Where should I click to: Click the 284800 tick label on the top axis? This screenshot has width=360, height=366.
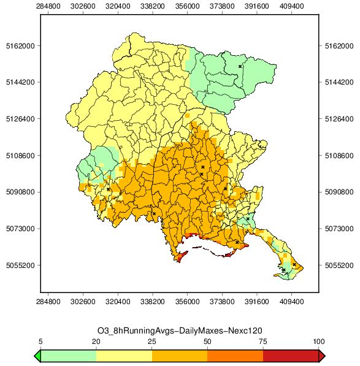48,6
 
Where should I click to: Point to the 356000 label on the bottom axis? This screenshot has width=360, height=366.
187,302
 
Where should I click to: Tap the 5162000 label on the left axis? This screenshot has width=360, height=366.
20,46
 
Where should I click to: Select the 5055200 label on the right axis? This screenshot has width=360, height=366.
339,265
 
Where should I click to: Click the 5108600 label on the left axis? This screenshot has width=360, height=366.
20,156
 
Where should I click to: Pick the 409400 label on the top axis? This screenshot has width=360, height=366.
291,6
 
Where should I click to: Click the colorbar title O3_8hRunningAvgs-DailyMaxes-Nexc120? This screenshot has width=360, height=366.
180,330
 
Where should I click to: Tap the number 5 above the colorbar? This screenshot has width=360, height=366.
40,341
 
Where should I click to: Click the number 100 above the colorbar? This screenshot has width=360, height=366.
319,341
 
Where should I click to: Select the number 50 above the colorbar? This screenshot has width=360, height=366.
207,341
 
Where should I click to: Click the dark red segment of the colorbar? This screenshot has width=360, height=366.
291,356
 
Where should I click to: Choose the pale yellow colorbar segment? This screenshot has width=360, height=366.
124,356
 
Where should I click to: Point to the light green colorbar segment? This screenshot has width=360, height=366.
69,356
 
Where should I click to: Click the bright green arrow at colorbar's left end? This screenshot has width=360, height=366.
37,356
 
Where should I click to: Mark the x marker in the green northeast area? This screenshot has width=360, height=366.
240,67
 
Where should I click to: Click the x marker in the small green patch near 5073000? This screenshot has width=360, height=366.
248,219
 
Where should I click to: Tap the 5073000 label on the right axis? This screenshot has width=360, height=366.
339,229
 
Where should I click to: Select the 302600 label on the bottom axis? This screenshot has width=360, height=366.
83,302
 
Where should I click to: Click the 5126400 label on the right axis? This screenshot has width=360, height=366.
339,119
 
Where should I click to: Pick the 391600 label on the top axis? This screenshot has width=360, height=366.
257,6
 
